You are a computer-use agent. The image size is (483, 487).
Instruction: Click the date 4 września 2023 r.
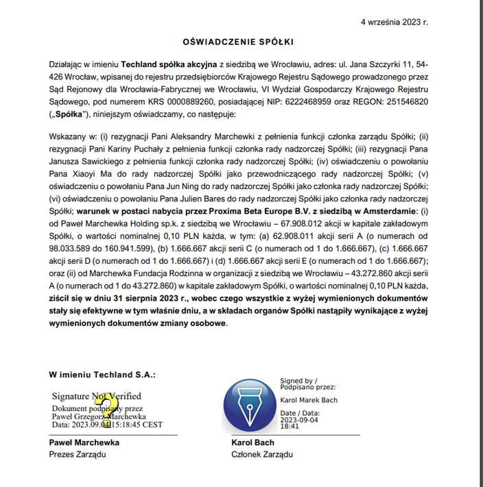[394, 23]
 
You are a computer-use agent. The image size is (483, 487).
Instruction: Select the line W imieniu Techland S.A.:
[102, 375]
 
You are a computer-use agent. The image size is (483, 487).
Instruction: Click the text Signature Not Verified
[97, 396]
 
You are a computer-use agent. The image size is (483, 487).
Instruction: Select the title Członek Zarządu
[262, 454]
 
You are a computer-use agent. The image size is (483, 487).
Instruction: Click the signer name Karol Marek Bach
[309, 400]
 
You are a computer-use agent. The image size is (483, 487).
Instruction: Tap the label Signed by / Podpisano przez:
[299, 383]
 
